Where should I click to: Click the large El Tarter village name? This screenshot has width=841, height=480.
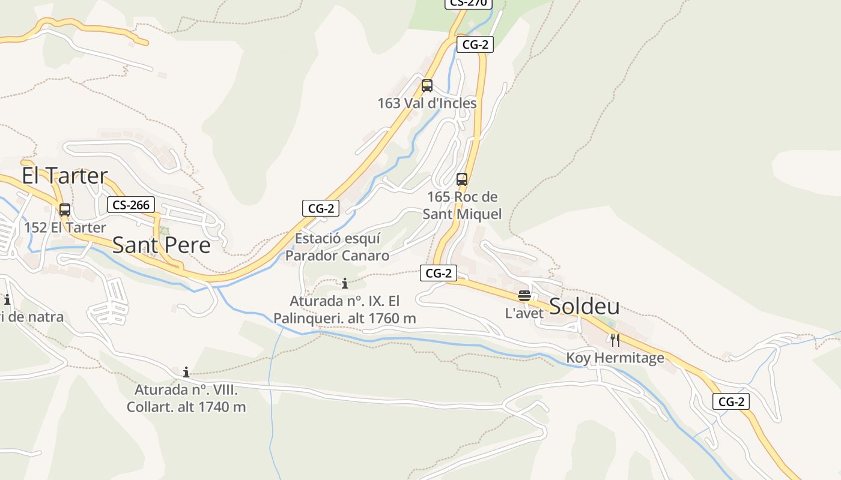click(x=65, y=176)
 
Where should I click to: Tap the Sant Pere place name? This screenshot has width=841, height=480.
click(x=161, y=245)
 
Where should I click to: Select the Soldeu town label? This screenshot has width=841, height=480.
click(x=584, y=306)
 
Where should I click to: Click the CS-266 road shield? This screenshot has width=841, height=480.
click(x=131, y=205)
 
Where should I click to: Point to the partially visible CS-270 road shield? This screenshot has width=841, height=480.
click(x=468, y=3)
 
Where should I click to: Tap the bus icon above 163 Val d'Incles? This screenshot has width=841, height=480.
click(x=427, y=85)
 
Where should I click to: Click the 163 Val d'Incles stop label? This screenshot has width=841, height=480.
click(x=427, y=103)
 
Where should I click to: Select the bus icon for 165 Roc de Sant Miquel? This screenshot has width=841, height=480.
click(x=462, y=179)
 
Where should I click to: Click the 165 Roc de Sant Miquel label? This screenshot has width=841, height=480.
click(x=462, y=205)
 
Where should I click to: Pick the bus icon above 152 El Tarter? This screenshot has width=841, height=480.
click(x=65, y=210)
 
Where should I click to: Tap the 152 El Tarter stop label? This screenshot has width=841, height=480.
click(x=65, y=227)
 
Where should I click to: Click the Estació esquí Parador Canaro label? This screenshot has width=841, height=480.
click(x=337, y=247)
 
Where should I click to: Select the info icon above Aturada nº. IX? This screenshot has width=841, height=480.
click(x=345, y=283)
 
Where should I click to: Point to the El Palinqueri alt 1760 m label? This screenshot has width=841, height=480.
click(x=344, y=310)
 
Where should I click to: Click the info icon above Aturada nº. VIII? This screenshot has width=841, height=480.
click(x=186, y=372)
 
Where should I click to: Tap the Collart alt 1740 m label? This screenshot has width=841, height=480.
click(x=186, y=398)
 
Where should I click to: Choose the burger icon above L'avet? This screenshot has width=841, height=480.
click(x=524, y=295)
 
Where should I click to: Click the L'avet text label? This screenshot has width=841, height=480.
click(x=524, y=313)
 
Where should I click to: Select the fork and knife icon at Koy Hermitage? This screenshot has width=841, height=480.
click(x=615, y=340)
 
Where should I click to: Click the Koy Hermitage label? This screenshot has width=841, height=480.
click(x=615, y=358)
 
